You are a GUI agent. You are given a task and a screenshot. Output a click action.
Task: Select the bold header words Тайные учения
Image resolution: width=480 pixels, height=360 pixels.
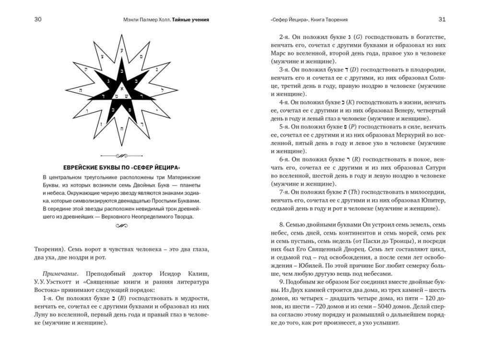[x=194, y=20]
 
